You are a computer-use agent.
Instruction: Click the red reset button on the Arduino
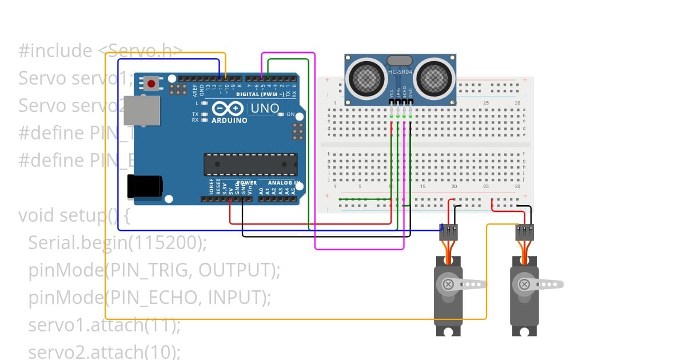151,83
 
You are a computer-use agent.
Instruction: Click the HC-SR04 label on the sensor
400,72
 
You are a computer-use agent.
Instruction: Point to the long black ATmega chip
251,164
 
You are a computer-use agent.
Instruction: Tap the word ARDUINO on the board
229,121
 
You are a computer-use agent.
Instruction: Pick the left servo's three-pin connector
449,231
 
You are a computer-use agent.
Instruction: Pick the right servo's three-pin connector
524,231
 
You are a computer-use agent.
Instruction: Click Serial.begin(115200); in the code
117,242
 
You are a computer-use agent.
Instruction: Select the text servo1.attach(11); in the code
104,325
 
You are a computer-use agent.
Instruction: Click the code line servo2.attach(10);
104,351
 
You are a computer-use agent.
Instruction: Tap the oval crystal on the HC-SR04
400,61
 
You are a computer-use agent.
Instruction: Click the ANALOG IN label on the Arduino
285,183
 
